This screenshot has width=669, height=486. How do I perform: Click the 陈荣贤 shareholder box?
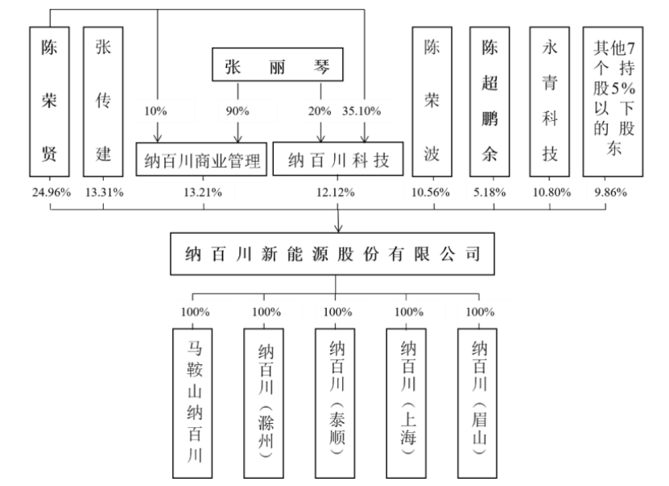click(x=50, y=101)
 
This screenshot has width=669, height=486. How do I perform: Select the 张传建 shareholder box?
click(x=103, y=101)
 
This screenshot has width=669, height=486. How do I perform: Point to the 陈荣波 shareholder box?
click(x=433, y=101)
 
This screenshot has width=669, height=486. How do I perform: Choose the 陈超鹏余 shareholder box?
click(x=490, y=101)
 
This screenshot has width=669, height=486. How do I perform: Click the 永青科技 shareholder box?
click(x=549, y=101)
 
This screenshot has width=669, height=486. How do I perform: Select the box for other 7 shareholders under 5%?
click(x=613, y=101)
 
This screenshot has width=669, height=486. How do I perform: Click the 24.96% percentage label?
click(x=50, y=192)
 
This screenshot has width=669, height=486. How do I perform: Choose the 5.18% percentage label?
click(x=490, y=192)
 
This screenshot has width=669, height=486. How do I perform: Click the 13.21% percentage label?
click(x=204, y=192)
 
